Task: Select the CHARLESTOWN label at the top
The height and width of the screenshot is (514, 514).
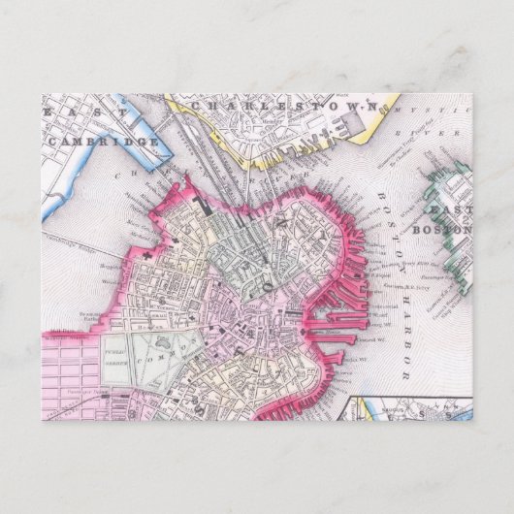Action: tap(281, 104)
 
